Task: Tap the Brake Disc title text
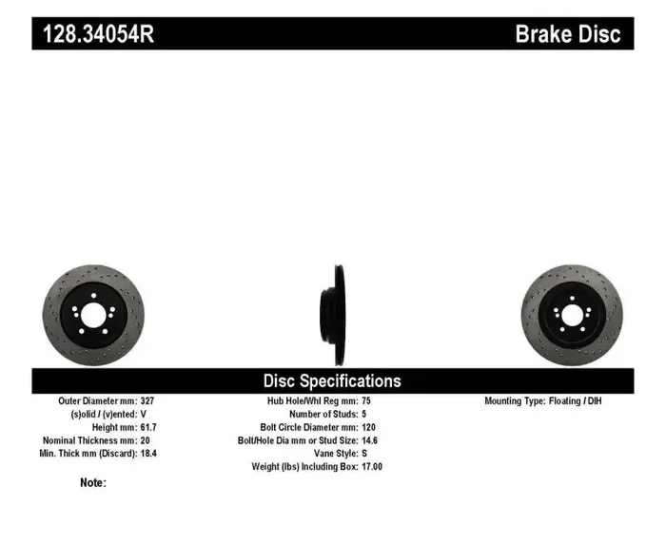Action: [567, 35]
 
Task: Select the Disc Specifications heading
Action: [332, 380]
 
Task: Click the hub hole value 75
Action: [366, 401]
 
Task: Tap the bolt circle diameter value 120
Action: [369, 428]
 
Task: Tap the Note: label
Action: [93, 483]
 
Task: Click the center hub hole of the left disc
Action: [92, 316]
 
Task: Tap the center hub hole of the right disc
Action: [572, 315]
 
